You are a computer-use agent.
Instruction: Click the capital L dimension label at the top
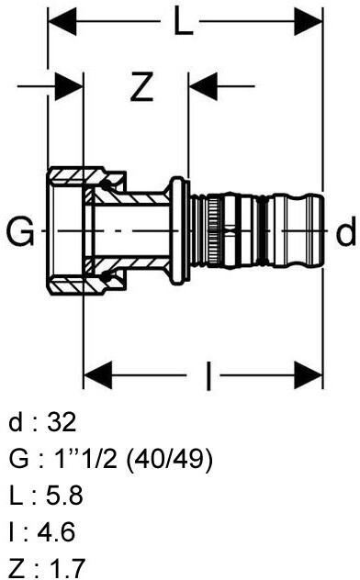point(184,22)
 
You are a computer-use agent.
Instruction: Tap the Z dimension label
point(141,87)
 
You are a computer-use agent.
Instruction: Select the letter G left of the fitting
point(21,231)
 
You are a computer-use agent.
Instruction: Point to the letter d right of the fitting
point(346,231)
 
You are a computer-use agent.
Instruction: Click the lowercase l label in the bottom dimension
point(208,376)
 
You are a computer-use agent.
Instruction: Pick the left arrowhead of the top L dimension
point(62,22)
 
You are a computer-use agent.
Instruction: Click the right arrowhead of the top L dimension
point(309,22)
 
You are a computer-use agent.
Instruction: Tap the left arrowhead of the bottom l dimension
point(98,375)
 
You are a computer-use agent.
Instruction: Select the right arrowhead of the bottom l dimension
point(309,375)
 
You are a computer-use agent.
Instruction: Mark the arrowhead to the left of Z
point(69,87)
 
